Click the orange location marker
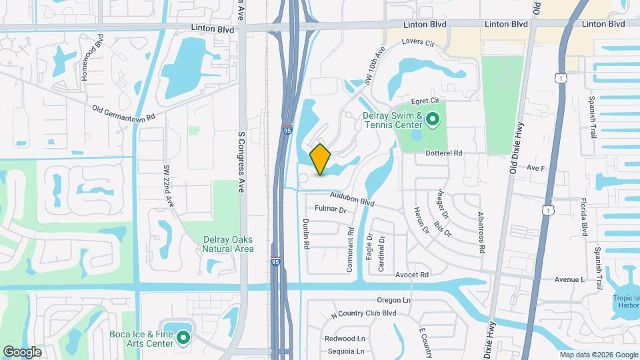pos(321,159)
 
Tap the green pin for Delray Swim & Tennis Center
pos(432,120)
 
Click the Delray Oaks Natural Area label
pos(228,244)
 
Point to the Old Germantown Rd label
pos(123,111)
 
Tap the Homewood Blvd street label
pos(92,58)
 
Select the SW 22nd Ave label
pos(168,185)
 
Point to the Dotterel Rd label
pos(444,153)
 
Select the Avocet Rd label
pos(411,275)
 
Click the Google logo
pos(22,351)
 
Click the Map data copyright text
pos(598,355)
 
